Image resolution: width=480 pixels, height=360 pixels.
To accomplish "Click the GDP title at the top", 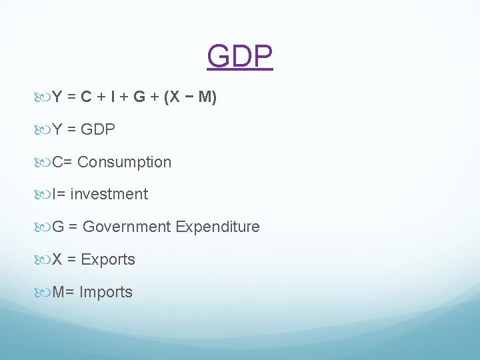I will point(240,57).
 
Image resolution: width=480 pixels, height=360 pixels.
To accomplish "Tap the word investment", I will point(109,194).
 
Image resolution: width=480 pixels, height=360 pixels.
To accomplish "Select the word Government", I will point(127,227).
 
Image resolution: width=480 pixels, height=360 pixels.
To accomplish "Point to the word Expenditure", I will point(217,227).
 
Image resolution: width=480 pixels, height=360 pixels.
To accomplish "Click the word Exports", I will point(108,259).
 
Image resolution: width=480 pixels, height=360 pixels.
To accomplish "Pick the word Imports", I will point(106,292).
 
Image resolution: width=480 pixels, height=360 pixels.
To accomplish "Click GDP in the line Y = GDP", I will point(97,129).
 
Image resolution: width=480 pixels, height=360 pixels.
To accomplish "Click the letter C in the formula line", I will point(86,97).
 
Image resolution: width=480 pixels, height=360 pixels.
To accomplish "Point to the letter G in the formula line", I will point(139,97).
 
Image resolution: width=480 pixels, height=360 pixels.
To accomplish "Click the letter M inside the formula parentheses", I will point(205,97).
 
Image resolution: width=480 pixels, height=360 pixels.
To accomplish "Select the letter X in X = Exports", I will point(57,259).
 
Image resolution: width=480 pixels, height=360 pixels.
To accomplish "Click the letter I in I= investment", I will point(55,194).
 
